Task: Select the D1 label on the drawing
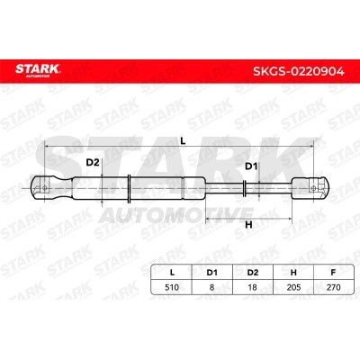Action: [251, 167]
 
